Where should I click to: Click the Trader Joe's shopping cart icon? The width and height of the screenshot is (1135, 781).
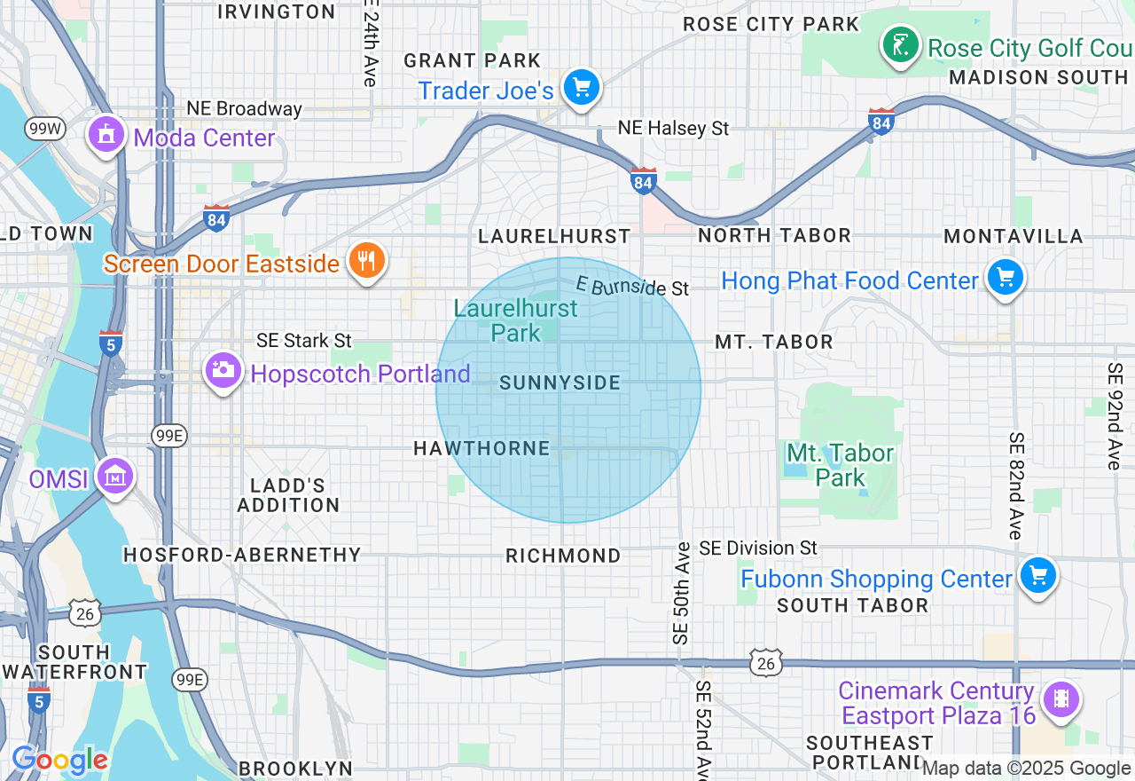(582, 88)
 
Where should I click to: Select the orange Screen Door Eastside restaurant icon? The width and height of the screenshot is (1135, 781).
(365, 261)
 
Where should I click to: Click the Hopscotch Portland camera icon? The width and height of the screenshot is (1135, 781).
(223, 370)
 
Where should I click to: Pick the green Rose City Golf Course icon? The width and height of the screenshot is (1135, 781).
(900, 44)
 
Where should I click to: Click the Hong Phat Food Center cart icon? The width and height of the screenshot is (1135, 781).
(1005, 278)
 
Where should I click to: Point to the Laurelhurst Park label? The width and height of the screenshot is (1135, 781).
(515, 320)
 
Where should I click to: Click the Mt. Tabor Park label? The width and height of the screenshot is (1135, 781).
(840, 465)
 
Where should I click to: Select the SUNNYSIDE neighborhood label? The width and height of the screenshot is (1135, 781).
(560, 383)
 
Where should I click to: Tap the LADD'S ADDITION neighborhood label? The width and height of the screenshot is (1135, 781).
(288, 495)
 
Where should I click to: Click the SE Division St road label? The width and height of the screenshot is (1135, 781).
(758, 548)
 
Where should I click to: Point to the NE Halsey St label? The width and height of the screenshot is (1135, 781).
(673, 129)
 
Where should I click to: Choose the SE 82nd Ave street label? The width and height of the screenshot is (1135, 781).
(1016, 485)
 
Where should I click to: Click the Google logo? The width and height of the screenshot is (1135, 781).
(59, 760)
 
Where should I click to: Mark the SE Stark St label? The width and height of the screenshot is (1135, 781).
(304, 341)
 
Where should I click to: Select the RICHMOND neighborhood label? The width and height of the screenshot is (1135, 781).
(563, 556)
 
